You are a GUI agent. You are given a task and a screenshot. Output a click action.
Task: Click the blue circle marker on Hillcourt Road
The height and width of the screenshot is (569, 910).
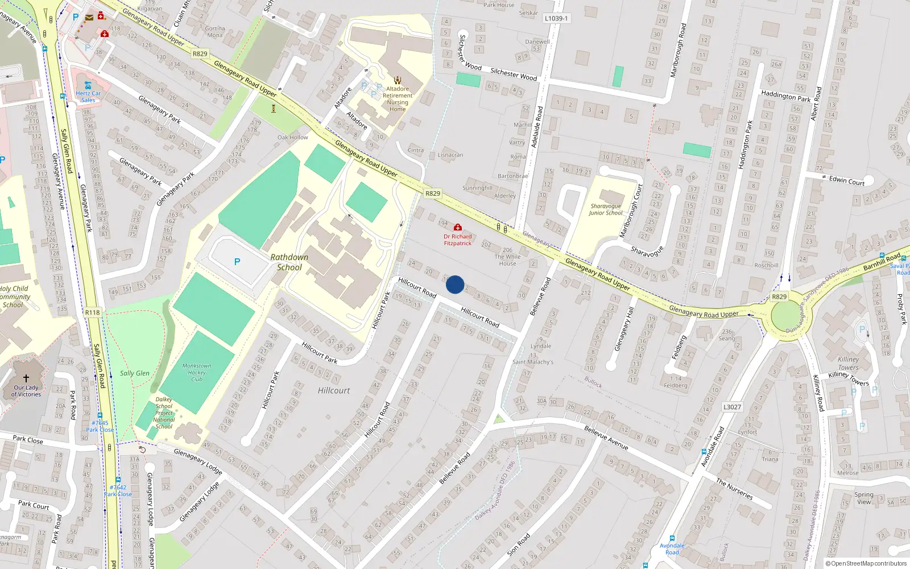(455, 284)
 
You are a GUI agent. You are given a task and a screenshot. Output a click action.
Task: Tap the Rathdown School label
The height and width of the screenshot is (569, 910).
(289, 262)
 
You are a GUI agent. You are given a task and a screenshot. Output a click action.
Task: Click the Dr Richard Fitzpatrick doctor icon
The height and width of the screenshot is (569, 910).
(457, 228)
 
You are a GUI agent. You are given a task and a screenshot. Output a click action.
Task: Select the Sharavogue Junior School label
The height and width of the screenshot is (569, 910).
(606, 209)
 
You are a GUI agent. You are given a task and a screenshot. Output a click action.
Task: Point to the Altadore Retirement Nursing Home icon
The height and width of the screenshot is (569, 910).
(398, 80)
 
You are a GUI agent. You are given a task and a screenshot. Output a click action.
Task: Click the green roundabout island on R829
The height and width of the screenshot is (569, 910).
(786, 315)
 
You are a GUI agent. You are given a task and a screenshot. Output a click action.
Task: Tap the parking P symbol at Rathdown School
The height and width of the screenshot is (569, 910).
(237, 262)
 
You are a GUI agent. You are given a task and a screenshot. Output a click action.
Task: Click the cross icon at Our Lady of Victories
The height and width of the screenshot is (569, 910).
(26, 378)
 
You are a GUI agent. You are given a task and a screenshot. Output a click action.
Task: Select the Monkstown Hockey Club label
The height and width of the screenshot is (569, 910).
(197, 373)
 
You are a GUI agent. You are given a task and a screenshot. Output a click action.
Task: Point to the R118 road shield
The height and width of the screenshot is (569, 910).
(92, 312)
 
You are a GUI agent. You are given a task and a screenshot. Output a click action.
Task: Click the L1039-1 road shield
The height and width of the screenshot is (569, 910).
(556, 18)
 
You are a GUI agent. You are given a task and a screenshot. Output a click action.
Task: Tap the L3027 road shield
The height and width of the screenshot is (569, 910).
(732, 407)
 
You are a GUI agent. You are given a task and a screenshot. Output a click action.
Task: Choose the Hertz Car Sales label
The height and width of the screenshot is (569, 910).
(88, 97)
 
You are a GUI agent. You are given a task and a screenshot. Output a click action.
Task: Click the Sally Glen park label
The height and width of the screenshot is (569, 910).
(135, 373)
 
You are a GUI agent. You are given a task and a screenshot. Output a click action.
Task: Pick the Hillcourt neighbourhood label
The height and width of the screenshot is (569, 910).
(334, 390)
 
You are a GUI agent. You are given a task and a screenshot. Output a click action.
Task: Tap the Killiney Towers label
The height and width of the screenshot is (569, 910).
(848, 363)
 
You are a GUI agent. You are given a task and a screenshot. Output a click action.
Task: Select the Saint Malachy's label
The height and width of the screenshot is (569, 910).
(533, 362)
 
